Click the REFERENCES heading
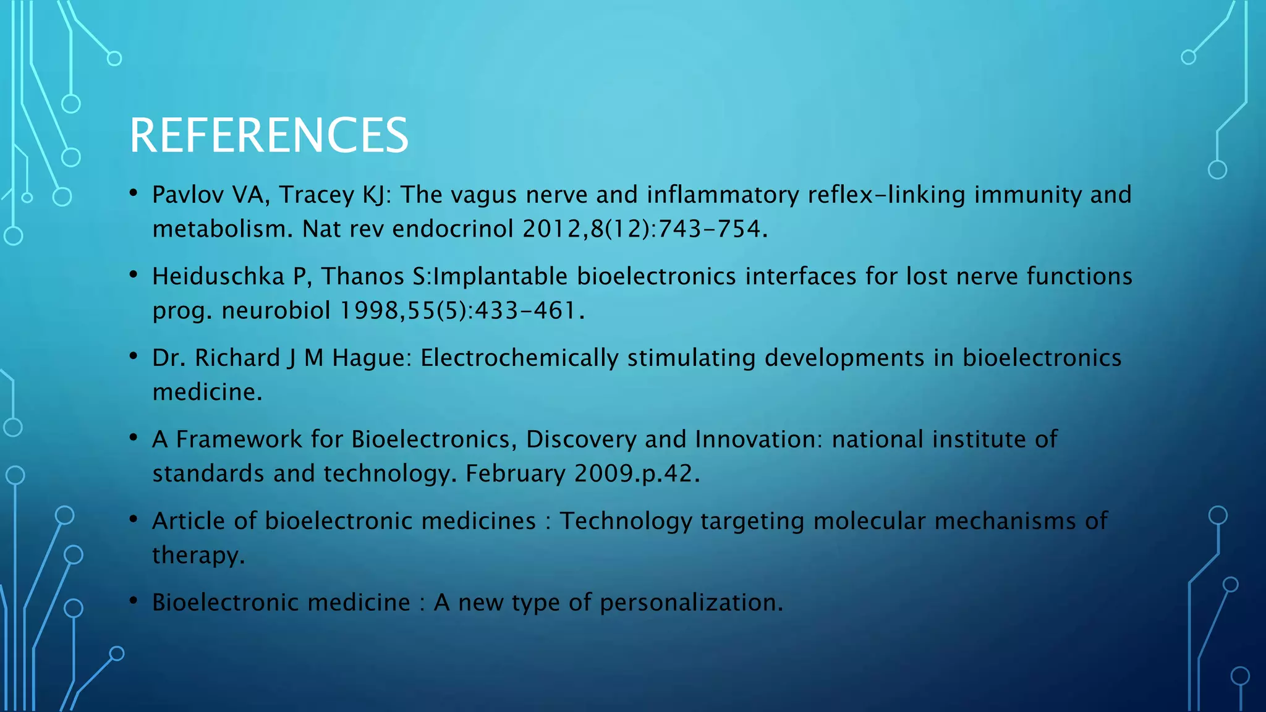[268, 135]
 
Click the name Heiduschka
[218, 276]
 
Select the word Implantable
[500, 276]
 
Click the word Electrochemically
[519, 358]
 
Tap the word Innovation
[758, 439]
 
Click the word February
[516, 473]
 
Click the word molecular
[869, 521]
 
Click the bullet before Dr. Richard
[134, 357]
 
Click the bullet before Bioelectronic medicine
[134, 601]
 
